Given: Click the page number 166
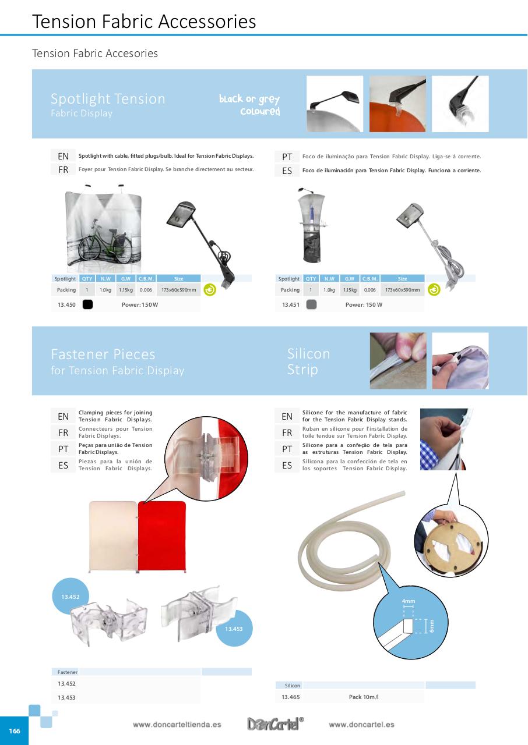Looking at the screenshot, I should [x=14, y=730].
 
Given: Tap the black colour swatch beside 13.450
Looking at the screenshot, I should [x=87, y=304].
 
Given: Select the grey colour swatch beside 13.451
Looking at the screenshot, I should [x=311, y=304].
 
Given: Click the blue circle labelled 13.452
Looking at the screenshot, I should [x=70, y=597].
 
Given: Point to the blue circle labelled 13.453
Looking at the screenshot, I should [x=234, y=629].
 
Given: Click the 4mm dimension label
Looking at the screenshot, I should [x=409, y=601].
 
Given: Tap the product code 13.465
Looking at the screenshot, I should [x=290, y=697].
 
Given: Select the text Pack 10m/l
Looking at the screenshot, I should [x=364, y=697].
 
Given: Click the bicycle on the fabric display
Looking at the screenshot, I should [x=105, y=243].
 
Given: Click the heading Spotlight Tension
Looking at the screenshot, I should [x=108, y=99].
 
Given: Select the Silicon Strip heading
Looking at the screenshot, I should [x=309, y=361].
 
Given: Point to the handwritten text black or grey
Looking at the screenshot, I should [x=249, y=99].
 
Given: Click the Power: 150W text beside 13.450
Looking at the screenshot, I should [x=140, y=304].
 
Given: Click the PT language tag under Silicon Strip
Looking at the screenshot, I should [x=287, y=449].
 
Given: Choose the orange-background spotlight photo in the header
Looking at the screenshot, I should [x=397, y=104].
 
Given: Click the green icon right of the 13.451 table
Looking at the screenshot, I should [x=434, y=289].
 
